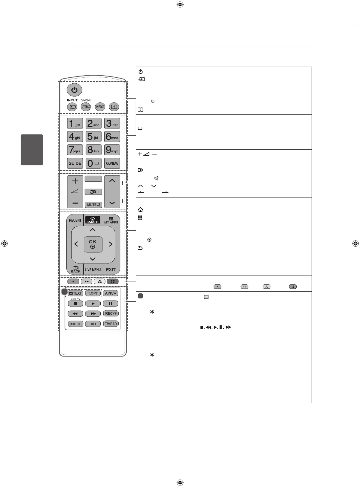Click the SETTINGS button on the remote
click(85, 107)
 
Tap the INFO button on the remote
click(100, 107)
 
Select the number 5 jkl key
click(94, 137)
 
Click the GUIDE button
click(75, 163)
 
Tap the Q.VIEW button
click(112, 163)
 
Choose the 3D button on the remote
click(93, 192)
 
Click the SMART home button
click(93, 220)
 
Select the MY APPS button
click(111, 220)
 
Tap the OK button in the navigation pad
click(93, 244)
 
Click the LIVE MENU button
click(93, 269)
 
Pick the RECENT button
click(75, 220)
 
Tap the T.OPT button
click(93, 293)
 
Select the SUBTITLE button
click(76, 324)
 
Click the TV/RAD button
click(111, 324)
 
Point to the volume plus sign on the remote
click(75, 181)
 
